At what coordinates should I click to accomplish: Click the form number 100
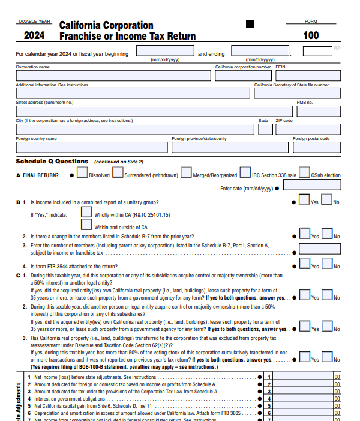311,35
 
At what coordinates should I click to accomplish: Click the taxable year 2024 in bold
34,35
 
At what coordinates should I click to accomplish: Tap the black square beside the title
250,24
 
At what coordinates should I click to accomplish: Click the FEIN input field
308,76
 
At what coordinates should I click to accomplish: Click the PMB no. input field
319,111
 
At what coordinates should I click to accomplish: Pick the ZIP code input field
308,129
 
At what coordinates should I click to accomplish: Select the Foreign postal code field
316,147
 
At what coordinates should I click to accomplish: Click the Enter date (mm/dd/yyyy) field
311,186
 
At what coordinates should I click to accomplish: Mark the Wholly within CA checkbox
86,212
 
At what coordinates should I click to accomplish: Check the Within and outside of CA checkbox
86,225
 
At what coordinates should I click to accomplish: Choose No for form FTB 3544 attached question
328,264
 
